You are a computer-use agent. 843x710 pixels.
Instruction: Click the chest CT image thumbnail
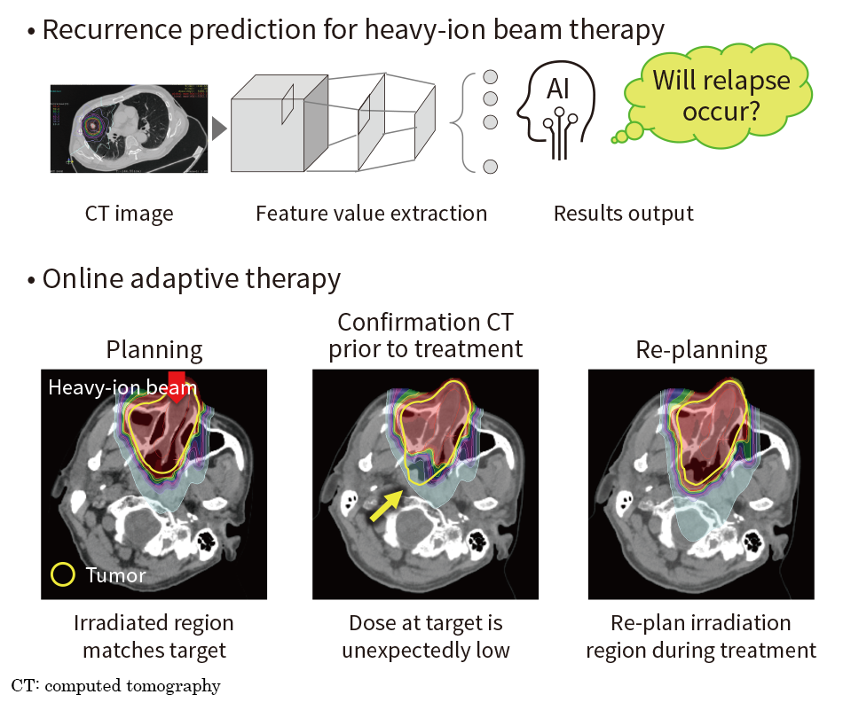[129, 129]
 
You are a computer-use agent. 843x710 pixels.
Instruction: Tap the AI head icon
[551, 106]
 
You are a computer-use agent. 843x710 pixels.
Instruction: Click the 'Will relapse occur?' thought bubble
[721, 93]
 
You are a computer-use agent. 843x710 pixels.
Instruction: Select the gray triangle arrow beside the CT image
[218, 129]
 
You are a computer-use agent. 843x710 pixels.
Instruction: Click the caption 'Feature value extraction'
[371, 214]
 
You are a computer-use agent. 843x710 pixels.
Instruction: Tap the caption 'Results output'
[623, 214]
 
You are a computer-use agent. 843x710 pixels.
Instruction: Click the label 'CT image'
[129, 214]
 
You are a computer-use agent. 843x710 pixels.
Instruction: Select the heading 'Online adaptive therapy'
[191, 278]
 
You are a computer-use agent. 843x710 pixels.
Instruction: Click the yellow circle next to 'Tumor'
[62, 575]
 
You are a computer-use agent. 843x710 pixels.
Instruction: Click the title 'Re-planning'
[701, 349]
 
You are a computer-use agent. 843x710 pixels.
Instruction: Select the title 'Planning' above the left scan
[154, 349]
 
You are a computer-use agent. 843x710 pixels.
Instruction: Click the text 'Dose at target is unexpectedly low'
[426, 636]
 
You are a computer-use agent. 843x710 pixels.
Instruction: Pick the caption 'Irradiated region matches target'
[154, 636]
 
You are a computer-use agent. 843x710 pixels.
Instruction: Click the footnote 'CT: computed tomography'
[116, 685]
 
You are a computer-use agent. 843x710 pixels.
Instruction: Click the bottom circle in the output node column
[490, 167]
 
